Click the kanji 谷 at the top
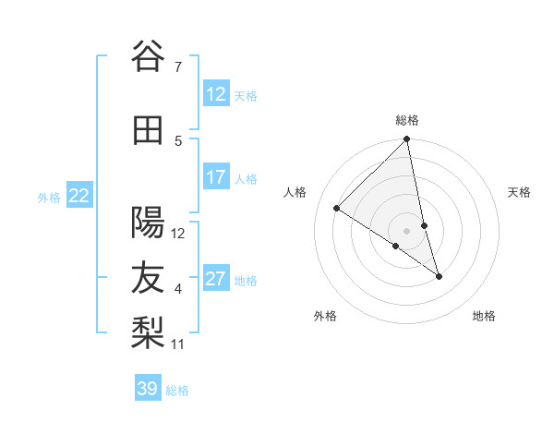coord(147,57)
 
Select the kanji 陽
coord(147,223)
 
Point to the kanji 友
coord(147,279)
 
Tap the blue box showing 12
coord(216,94)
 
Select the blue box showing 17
coord(216,177)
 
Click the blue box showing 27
coord(216,279)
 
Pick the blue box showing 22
coord(79,196)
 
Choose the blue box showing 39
coord(148,389)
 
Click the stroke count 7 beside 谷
coord(177,66)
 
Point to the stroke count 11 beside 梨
coord(178,344)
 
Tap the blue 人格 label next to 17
coord(246,178)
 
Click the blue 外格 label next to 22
coord(49,197)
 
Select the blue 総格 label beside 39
coord(177,390)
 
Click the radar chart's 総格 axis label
coord(407,120)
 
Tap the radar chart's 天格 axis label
coord(520,192)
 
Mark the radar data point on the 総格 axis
coord(407,139)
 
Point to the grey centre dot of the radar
coord(407,231)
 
